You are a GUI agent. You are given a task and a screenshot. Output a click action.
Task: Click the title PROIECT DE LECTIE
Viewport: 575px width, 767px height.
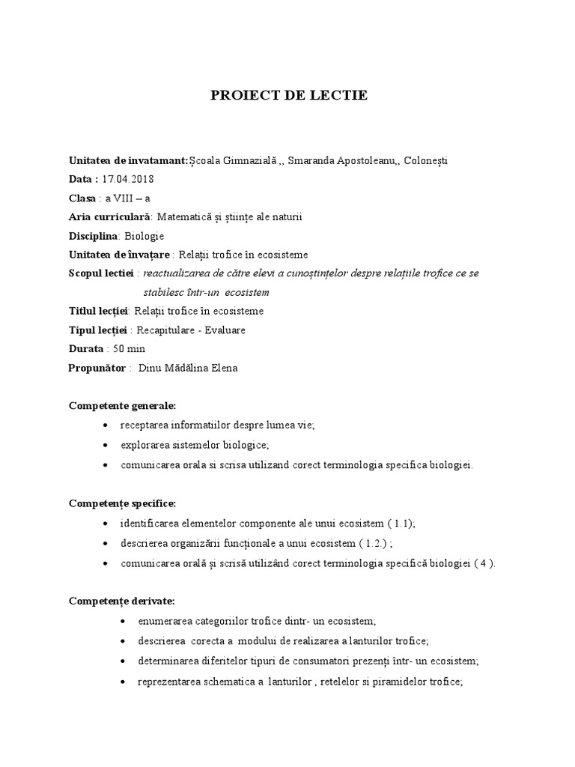click(x=288, y=96)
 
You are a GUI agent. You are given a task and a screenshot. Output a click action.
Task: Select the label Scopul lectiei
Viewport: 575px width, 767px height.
click(x=100, y=273)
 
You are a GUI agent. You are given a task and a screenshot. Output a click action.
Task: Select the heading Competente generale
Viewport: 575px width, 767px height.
click(x=122, y=405)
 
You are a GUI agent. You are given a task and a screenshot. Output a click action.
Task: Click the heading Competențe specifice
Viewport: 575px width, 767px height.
click(x=122, y=482)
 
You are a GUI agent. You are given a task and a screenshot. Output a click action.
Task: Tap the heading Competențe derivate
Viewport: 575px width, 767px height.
click(x=121, y=601)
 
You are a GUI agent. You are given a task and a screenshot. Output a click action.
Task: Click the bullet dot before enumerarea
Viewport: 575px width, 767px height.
click(x=123, y=622)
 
